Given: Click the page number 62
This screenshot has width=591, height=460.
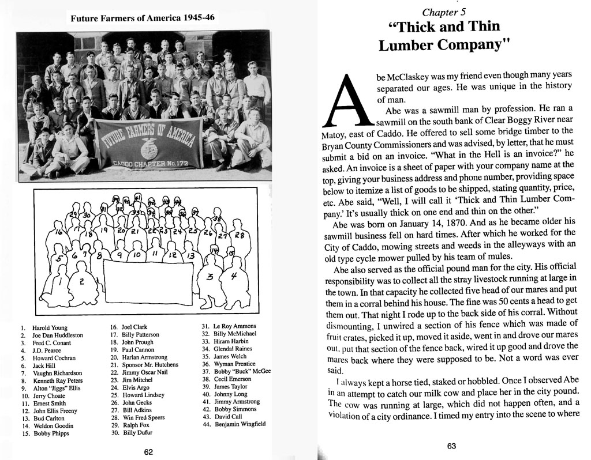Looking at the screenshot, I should pyautogui.click(x=148, y=451).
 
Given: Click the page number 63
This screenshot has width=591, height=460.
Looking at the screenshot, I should pyautogui.click(x=451, y=445).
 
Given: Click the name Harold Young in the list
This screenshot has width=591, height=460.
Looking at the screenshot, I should pyautogui.click(x=50, y=327).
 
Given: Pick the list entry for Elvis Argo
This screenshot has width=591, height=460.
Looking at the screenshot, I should pyautogui.click(x=135, y=387).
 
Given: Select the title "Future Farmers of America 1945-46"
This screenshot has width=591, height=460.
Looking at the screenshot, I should pyautogui.click(x=142, y=18).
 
